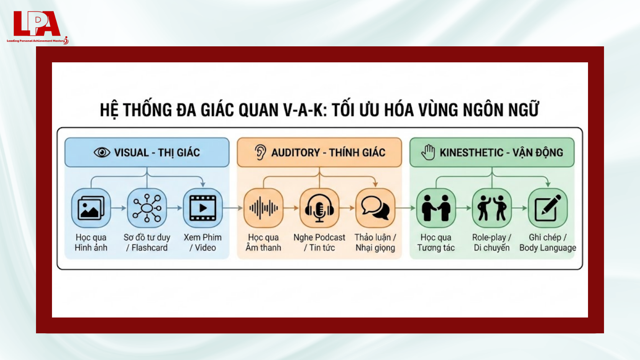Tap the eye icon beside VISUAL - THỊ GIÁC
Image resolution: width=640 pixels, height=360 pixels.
click(102, 153)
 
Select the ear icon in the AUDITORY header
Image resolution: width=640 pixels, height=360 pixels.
click(260, 152)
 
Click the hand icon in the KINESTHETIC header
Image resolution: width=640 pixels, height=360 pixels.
click(428, 152)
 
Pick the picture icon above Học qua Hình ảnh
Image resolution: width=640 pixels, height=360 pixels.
click(91, 208)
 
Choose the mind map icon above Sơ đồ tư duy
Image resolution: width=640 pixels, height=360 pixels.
click(147, 208)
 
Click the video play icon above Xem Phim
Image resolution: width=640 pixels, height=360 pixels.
click(203, 208)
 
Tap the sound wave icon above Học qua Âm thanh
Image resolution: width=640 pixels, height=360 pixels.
click(263, 208)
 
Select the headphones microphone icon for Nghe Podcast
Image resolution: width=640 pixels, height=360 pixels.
click(319, 208)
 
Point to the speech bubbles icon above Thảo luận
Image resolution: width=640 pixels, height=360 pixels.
click(375, 208)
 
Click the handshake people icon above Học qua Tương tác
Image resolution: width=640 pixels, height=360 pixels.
click(436, 208)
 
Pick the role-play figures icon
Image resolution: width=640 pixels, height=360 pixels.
click(492, 208)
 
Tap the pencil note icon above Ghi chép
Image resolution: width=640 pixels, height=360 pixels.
click(548, 208)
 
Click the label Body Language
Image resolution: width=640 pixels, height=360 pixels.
click(548, 248)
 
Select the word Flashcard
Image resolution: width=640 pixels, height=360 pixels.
click(150, 248)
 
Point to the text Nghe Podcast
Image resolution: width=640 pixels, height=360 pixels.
click(319, 237)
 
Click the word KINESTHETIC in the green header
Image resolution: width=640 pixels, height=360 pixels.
click(471, 153)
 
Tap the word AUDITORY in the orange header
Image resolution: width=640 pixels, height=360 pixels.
click(295, 153)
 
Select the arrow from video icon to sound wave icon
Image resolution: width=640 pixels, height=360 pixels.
click(233, 208)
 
